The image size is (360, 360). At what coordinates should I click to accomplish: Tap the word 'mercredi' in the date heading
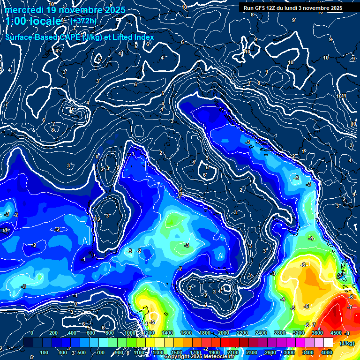coord(24,10)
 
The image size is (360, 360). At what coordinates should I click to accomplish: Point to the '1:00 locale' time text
coord(34,22)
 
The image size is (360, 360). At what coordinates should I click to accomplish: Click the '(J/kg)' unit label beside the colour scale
coord(347,344)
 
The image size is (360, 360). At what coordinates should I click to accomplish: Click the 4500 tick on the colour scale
coord(336,333)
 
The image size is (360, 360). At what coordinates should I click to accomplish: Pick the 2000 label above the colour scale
coord(224,333)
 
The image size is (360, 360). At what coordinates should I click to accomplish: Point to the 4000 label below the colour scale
coord(327,352)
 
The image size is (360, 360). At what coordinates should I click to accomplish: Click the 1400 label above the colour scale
coord(167,333)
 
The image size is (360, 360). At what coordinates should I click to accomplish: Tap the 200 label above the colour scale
coord(53,333)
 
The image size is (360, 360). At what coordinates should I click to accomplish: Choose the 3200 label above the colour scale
coord(299,333)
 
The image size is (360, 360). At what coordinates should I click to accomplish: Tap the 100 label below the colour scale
coord(45,352)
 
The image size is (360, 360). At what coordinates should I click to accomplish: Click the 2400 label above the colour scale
coord(261,333)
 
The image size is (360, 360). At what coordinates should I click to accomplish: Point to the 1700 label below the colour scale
coord(195,352)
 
